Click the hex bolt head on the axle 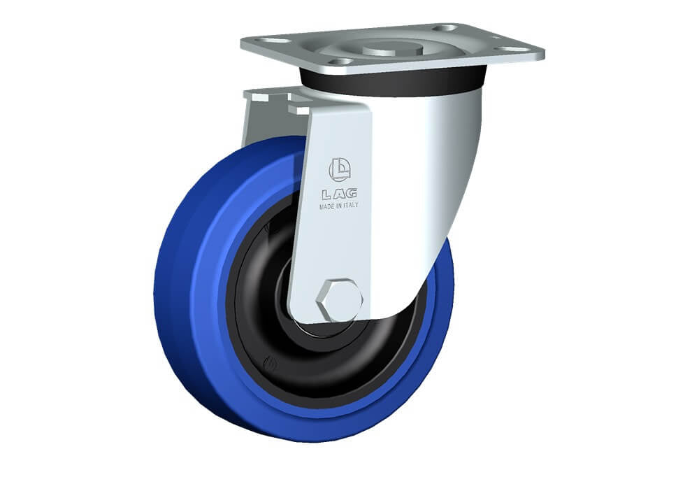coord(339,300)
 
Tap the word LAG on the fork coord(339,194)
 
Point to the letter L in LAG coord(326,194)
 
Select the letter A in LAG coord(338,194)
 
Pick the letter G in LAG coord(351,193)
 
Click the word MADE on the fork coord(327,206)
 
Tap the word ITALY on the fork coord(350,205)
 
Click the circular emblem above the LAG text coord(340,170)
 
